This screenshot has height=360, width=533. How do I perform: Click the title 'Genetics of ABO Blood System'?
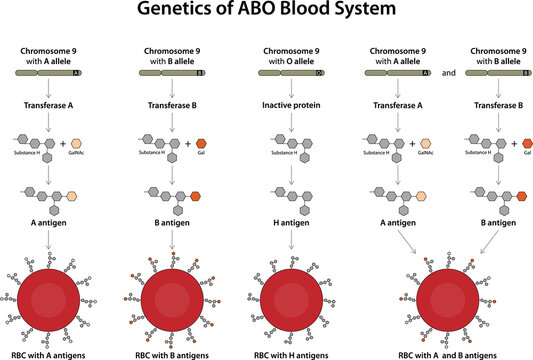[x=266, y=13]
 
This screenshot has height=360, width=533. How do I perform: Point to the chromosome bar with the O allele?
[x=291, y=73]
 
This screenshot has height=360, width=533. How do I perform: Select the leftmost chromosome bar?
[x=49, y=73]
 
